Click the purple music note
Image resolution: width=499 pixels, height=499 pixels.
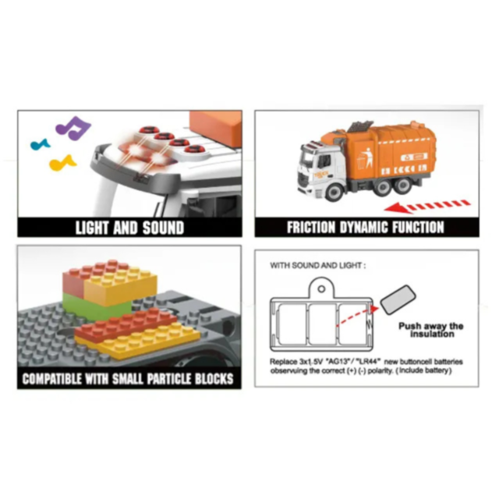75,127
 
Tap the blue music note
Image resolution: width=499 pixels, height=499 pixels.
38,144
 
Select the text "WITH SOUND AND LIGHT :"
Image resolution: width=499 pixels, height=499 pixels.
317,265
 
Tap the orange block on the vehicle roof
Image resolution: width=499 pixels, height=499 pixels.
216,124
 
